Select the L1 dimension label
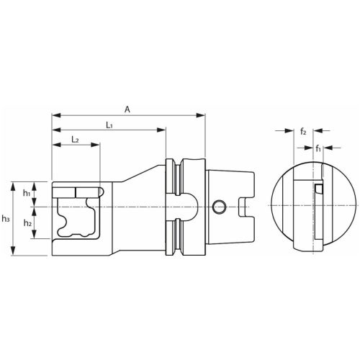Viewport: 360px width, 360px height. (x=109, y=125)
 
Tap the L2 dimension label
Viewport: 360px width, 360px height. (x=75, y=139)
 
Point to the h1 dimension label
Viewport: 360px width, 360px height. (x=27, y=193)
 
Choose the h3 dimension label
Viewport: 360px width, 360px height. (x=6, y=218)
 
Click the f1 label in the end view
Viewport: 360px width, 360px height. (x=318, y=148)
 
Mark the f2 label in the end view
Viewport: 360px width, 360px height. (x=304, y=132)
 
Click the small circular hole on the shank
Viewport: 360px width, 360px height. (x=220, y=208)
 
